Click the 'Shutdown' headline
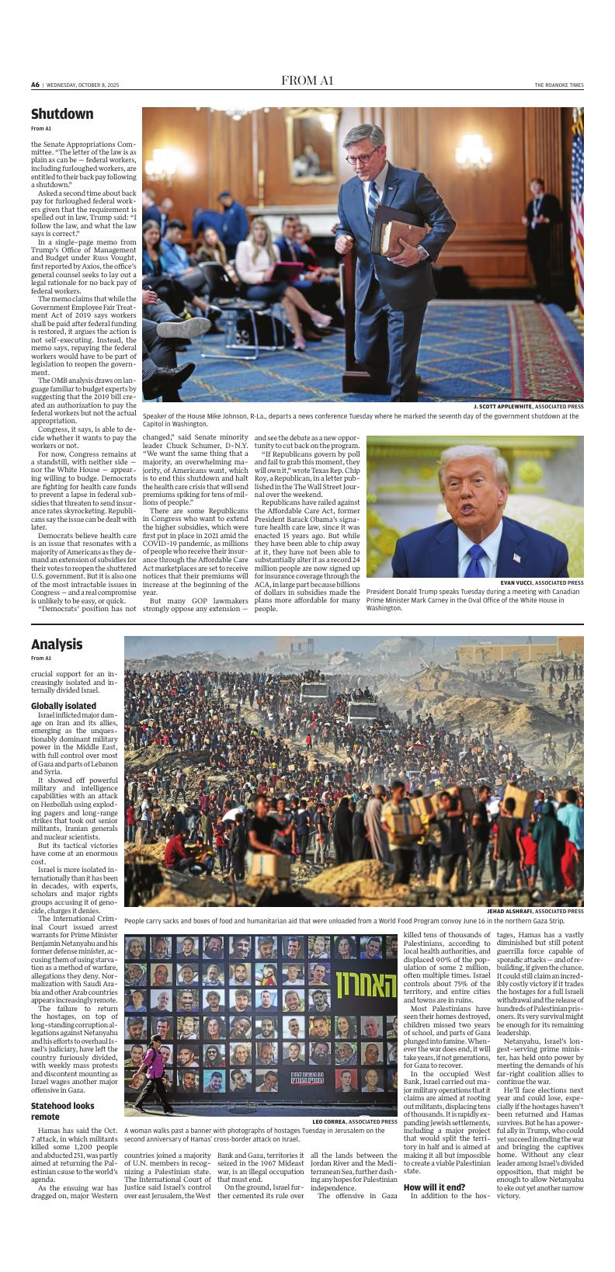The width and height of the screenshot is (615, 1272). [x=62, y=114]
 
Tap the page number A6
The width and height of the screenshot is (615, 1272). [x=35, y=84]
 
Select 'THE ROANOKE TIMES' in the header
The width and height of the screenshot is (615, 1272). [x=558, y=85]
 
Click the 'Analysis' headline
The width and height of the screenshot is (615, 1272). [x=57, y=645]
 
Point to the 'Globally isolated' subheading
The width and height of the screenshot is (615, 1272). [x=64, y=706]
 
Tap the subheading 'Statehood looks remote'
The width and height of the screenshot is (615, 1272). [x=62, y=1111]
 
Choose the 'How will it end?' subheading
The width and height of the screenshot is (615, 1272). [x=434, y=1187]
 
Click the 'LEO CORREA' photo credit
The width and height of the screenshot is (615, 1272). [x=335, y=1121]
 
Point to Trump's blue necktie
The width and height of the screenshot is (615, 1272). [x=475, y=559]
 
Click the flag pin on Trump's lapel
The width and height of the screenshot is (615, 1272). [x=517, y=557]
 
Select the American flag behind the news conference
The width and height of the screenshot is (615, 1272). [x=577, y=194]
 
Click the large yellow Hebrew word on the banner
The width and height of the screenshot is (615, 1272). [x=365, y=986]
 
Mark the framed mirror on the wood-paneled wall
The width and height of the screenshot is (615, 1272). [x=311, y=147]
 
